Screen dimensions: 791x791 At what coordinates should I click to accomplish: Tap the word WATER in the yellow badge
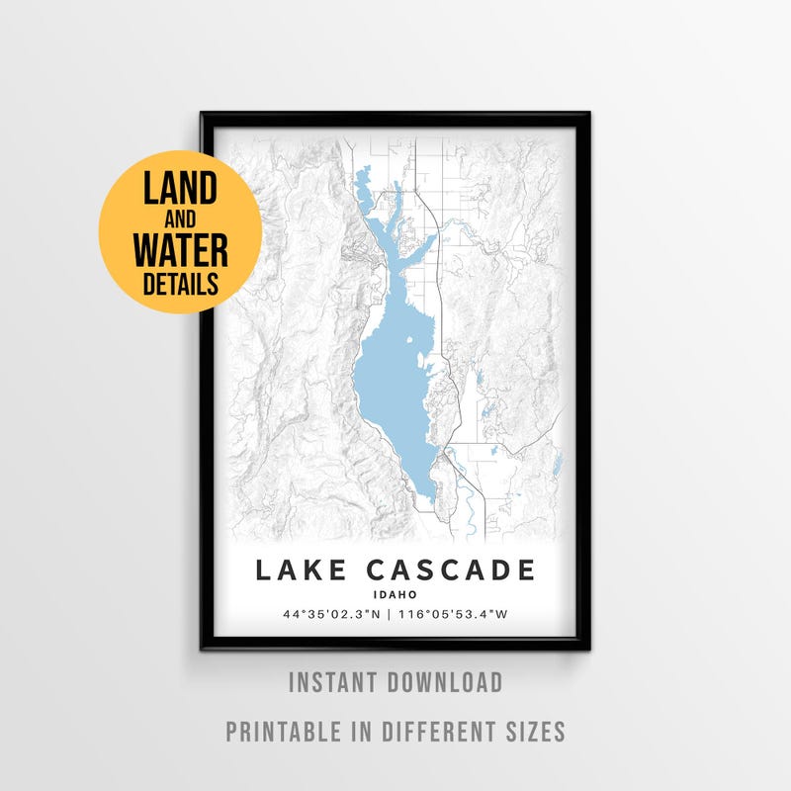[180, 250]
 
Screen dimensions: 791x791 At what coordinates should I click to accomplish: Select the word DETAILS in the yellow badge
[180, 285]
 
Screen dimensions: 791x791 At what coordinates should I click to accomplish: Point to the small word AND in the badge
[180, 220]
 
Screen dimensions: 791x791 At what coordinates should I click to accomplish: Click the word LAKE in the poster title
[300, 571]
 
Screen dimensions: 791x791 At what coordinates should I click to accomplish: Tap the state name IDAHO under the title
[395, 595]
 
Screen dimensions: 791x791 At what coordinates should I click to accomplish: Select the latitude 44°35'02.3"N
[331, 615]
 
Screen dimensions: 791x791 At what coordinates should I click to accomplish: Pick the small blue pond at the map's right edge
[557, 462]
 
